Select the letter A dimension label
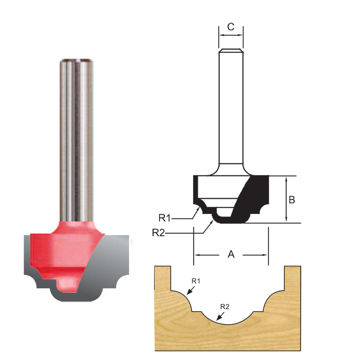click(231, 255)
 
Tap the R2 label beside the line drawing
click(159, 233)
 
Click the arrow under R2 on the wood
click(218, 316)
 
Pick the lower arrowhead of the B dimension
click(286, 220)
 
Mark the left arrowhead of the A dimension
click(197, 255)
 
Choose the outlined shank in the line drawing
click(231, 108)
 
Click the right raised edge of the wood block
click(292, 277)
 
